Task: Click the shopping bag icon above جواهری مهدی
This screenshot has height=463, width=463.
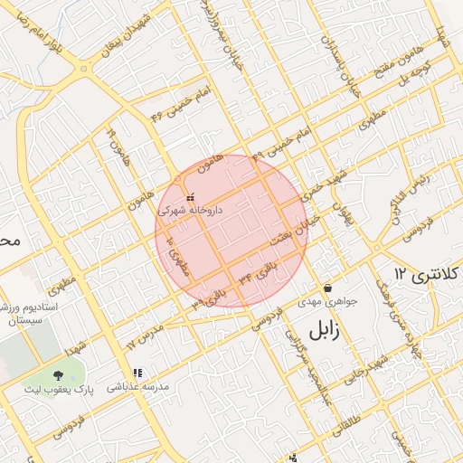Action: pyautogui.click(x=326, y=288)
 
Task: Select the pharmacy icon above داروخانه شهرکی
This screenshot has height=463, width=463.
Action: pyautogui.click(x=189, y=197)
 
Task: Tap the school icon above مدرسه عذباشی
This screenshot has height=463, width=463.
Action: pyautogui.click(x=137, y=372)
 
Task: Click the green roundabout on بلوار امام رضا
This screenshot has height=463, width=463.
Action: pyautogui.click(x=83, y=69)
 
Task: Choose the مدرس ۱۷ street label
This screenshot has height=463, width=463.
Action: pyautogui.click(x=145, y=334)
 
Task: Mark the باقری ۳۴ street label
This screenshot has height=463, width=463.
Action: pyautogui.click(x=257, y=272)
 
